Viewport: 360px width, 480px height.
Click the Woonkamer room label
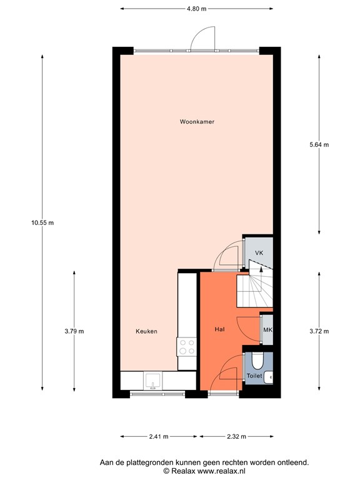tap(197, 122)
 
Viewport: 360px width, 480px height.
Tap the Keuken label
tap(147, 331)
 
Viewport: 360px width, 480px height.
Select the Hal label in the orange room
tap(219, 328)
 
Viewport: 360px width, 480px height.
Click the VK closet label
tap(259, 253)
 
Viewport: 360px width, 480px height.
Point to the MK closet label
tap(267, 330)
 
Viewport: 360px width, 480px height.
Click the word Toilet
tap(254, 376)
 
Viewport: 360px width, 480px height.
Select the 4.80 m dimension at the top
tap(197, 9)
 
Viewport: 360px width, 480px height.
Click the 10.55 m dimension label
tap(42, 222)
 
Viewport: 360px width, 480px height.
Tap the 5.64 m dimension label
tap(319, 144)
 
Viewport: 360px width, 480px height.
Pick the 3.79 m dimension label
tap(74, 331)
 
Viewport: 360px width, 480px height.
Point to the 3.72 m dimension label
tap(319, 331)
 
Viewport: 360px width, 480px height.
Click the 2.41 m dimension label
tap(159, 436)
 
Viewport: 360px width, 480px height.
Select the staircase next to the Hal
tap(254, 289)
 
